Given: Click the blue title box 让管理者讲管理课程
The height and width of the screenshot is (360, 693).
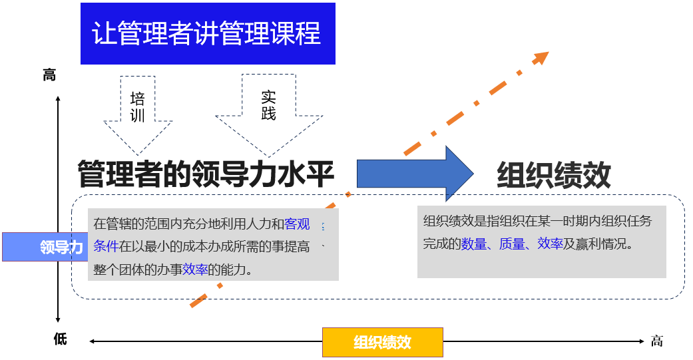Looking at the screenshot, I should [207, 34].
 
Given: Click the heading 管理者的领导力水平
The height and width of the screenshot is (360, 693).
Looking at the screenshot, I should [206, 174].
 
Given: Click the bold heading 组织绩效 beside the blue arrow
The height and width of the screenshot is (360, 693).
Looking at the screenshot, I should [554, 176].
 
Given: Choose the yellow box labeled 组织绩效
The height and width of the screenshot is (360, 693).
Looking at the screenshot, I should [382, 342].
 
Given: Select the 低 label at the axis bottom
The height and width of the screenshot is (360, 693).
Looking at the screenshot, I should [60, 339].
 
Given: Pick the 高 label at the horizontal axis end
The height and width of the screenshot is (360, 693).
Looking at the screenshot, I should [657, 341].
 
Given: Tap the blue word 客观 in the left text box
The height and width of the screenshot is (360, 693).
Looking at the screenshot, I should [297, 224].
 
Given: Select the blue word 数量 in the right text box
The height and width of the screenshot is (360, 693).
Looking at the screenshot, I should [474, 244].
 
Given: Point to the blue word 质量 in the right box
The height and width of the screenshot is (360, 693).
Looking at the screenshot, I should [512, 244].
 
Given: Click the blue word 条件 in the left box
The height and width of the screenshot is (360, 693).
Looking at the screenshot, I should [106, 246].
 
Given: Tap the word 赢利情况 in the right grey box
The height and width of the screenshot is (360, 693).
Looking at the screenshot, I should [601, 244].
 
